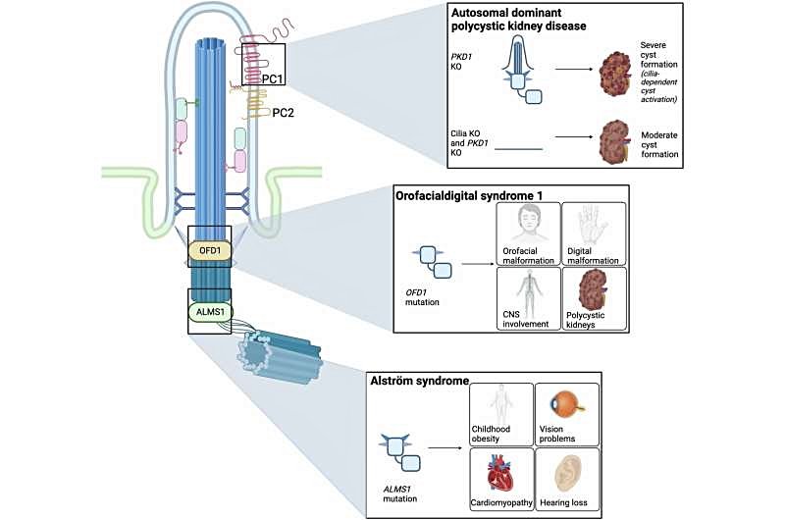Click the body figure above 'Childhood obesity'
click(500, 402)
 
